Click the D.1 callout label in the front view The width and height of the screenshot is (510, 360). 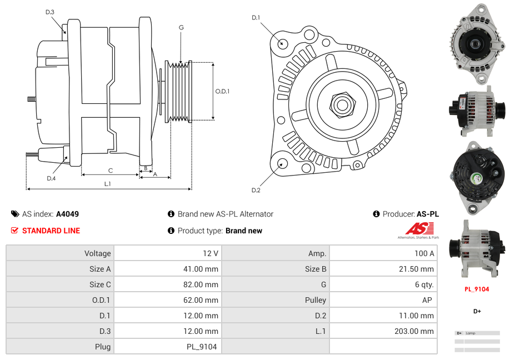[x=256, y=18]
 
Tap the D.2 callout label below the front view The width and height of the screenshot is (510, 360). [x=256, y=190]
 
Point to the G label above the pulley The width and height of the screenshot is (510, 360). [x=181, y=27]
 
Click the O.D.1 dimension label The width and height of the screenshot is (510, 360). [x=222, y=91]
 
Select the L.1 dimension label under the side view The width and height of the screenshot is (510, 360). [x=107, y=183]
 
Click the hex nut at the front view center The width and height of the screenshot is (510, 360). [x=342, y=104]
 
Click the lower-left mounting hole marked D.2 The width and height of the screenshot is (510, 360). [x=282, y=163]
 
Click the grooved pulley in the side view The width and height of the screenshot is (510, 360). [x=179, y=91]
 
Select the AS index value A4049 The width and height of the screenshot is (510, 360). [x=67, y=214]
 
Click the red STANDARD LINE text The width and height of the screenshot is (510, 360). [x=51, y=231]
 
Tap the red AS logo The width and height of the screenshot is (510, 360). [x=419, y=228]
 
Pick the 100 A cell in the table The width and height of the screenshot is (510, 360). [x=424, y=253]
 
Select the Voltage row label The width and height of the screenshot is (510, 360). [x=97, y=253]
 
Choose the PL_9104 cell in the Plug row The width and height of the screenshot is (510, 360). [x=202, y=347]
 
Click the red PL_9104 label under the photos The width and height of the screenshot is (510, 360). [x=477, y=289]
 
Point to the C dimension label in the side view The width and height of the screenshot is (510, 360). [x=110, y=171]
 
